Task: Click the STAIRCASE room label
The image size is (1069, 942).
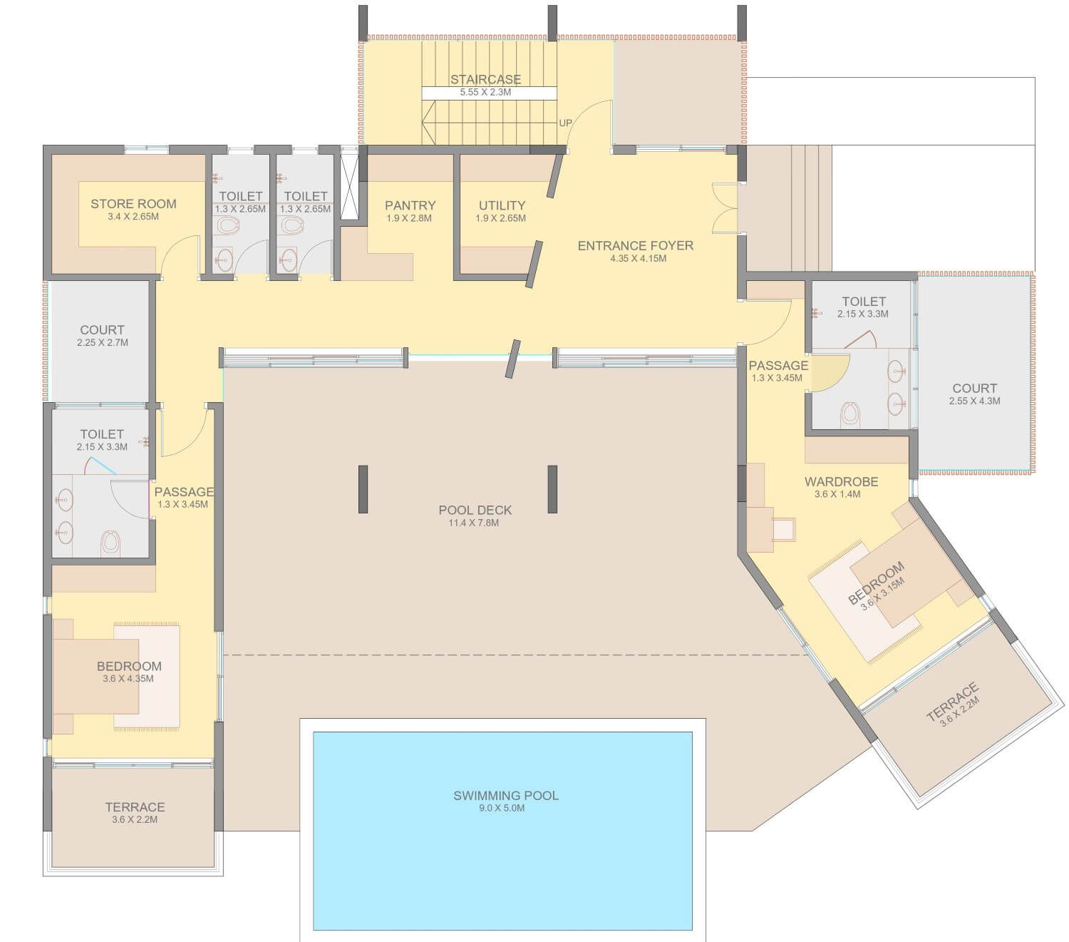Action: pos(485,79)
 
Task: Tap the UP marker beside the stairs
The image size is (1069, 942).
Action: pos(565,123)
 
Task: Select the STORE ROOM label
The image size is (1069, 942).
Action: pos(133,204)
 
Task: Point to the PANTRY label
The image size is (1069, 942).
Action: pos(410,205)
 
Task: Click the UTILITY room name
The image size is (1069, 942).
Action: pos(502,205)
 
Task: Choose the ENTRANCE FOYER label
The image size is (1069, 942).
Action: pos(635,245)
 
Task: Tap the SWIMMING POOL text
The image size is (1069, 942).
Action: pos(505,795)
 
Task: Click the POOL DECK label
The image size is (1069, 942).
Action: pos(475,510)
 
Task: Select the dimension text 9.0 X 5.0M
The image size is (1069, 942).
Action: pos(501,808)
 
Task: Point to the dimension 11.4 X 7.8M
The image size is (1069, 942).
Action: pos(474,523)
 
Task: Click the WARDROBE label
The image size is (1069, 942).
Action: pos(841,481)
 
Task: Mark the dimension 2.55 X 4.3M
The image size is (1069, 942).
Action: pos(974,401)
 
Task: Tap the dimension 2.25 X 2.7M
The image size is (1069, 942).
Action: pos(103,342)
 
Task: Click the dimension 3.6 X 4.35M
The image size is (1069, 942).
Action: pos(128,679)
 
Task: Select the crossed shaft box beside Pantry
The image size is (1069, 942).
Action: pos(349,187)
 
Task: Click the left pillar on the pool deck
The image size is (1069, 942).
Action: pos(363,489)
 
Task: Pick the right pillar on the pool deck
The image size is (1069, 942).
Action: pos(552,489)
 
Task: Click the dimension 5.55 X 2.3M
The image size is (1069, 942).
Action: pos(485,92)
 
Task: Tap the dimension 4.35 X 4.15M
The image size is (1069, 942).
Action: pos(638,258)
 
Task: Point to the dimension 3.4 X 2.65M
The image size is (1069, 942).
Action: pos(133,217)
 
